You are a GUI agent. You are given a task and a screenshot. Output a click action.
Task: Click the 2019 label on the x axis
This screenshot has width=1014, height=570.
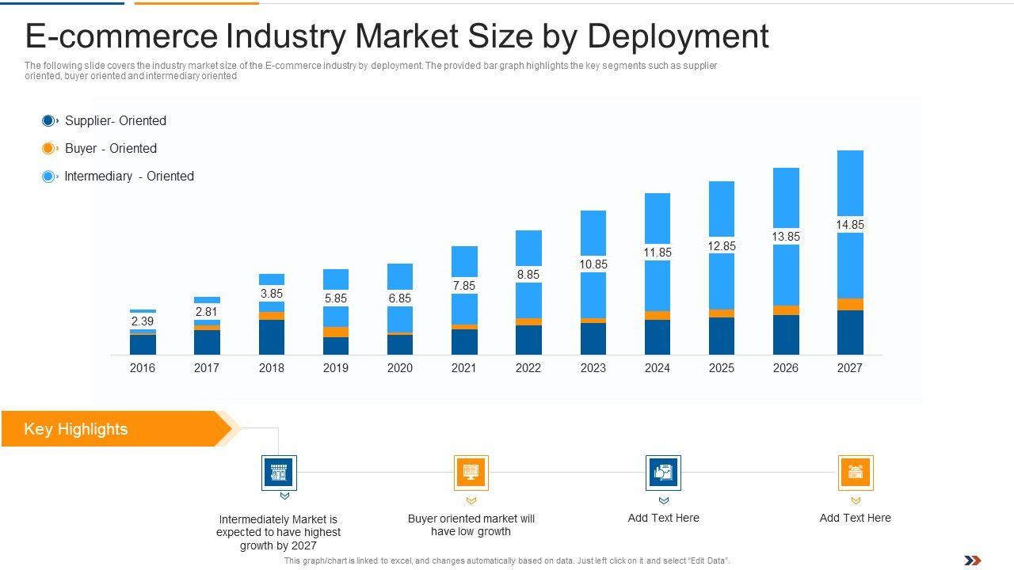pos(335,368)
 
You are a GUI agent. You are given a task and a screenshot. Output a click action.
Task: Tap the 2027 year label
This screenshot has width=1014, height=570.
pos(849,368)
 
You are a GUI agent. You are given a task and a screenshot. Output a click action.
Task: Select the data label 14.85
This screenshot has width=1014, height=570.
pos(849,225)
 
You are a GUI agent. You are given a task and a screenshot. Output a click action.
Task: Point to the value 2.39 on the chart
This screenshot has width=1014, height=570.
pos(143,321)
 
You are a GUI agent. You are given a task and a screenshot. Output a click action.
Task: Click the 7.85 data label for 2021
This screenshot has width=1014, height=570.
pos(464,286)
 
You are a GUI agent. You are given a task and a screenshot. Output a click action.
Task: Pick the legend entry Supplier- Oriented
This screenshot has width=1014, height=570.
pos(115,121)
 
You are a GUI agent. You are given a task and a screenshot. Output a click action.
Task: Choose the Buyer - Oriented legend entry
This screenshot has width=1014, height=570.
pos(110,149)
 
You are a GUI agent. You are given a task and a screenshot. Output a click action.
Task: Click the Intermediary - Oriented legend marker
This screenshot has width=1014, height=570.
pos(48,177)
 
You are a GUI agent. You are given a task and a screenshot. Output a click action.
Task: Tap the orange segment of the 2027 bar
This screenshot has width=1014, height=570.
pos(850,305)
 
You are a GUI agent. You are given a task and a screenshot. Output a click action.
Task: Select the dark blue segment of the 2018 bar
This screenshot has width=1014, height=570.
pos(272,336)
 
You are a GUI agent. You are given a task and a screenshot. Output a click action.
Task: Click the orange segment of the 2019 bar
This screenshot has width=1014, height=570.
pos(336,332)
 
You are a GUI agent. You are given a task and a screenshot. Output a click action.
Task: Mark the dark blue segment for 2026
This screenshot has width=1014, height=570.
pos(786,334)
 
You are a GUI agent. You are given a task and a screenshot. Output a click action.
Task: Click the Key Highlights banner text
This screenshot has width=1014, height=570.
pos(76,429)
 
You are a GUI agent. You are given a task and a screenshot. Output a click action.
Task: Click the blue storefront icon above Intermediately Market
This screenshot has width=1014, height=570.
pos(279,473)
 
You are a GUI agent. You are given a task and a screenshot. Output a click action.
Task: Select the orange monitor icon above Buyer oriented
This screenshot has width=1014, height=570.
pos(471,473)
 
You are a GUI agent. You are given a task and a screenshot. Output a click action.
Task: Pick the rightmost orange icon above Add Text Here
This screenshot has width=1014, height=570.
pos(856,473)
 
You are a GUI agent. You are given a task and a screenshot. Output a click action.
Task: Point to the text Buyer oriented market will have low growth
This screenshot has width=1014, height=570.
pos(471,525)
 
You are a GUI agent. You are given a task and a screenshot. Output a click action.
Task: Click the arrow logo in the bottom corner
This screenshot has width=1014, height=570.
pos(973,560)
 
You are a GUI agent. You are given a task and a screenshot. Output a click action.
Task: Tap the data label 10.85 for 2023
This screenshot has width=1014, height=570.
pos(593,264)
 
